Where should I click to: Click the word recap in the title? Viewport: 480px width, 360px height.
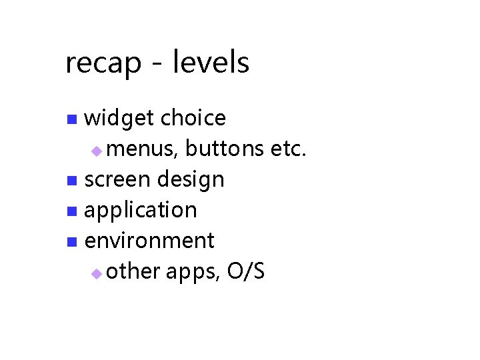click(103, 63)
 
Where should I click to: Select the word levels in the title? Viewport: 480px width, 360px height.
click(211, 63)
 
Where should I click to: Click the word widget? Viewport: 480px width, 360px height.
click(121, 119)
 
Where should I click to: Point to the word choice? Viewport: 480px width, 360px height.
click(193, 118)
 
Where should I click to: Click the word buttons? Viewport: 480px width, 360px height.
click(225, 149)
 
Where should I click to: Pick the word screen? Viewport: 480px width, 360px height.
click(118, 180)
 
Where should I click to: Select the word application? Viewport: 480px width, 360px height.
click(141, 211)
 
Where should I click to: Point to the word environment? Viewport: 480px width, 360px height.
click(149, 241)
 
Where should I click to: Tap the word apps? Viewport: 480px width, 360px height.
click(193, 273)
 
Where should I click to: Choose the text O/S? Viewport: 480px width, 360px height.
click(246, 271)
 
